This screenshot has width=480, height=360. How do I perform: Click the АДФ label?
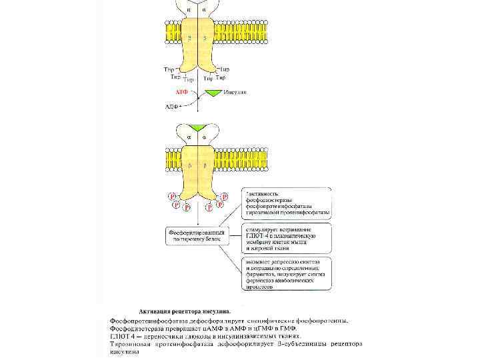(x=172, y=105)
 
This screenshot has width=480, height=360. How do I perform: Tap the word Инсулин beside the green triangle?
(x=235, y=92)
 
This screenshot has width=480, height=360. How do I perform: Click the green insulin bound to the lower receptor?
(x=197, y=127)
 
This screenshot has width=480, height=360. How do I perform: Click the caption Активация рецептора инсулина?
(x=185, y=311)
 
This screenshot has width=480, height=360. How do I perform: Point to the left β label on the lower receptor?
(x=189, y=164)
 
